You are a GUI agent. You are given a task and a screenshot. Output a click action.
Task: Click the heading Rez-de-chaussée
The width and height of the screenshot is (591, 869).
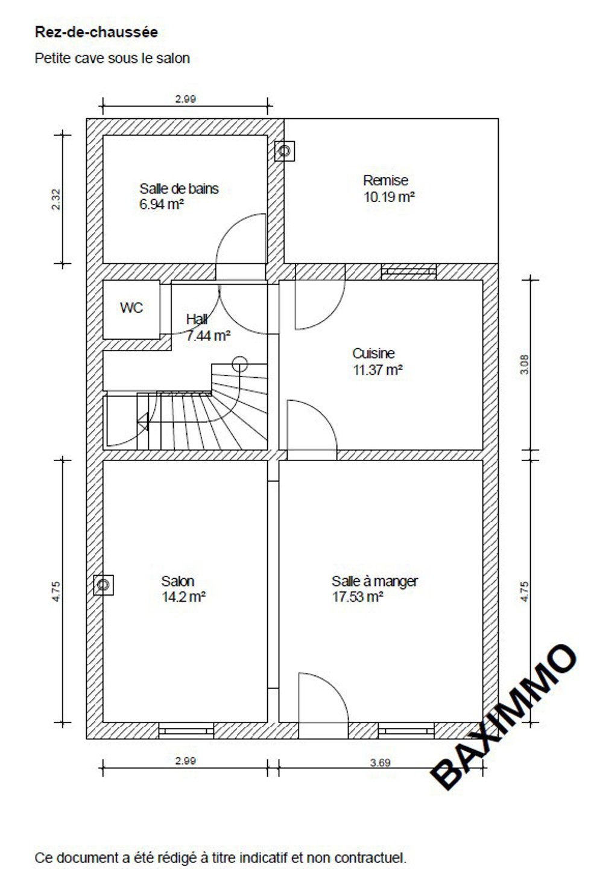pyautogui.click(x=96, y=32)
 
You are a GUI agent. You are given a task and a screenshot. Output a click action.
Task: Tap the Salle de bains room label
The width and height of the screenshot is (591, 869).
pyautogui.click(x=179, y=188)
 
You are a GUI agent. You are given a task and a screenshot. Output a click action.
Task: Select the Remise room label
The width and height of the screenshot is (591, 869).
pyautogui.click(x=385, y=180)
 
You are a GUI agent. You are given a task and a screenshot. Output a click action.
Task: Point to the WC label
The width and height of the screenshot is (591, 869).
pyautogui.click(x=131, y=308)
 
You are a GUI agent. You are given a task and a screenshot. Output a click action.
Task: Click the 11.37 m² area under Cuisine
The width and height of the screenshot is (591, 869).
pyautogui.click(x=378, y=370)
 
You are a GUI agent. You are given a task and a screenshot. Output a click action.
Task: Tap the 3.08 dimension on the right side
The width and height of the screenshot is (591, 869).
pyautogui.click(x=524, y=364)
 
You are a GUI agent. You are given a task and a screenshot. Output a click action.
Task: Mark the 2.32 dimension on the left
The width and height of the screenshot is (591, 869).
pyautogui.click(x=56, y=199)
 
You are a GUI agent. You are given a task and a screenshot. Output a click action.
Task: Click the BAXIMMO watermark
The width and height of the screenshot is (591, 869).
pyautogui.click(x=504, y=716)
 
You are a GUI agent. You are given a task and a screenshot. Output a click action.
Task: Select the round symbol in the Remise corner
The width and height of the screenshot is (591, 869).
pyautogui.click(x=285, y=151)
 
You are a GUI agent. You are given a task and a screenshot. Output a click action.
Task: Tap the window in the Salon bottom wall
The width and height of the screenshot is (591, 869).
pyautogui.click(x=186, y=731)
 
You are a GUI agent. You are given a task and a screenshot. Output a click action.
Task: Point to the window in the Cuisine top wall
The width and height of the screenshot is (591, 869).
pyautogui.click(x=409, y=272)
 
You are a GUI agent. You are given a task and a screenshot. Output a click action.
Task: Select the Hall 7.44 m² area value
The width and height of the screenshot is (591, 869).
pyautogui.click(x=208, y=336)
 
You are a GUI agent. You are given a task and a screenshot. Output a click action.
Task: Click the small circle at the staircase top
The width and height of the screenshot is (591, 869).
pyautogui.click(x=239, y=364)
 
